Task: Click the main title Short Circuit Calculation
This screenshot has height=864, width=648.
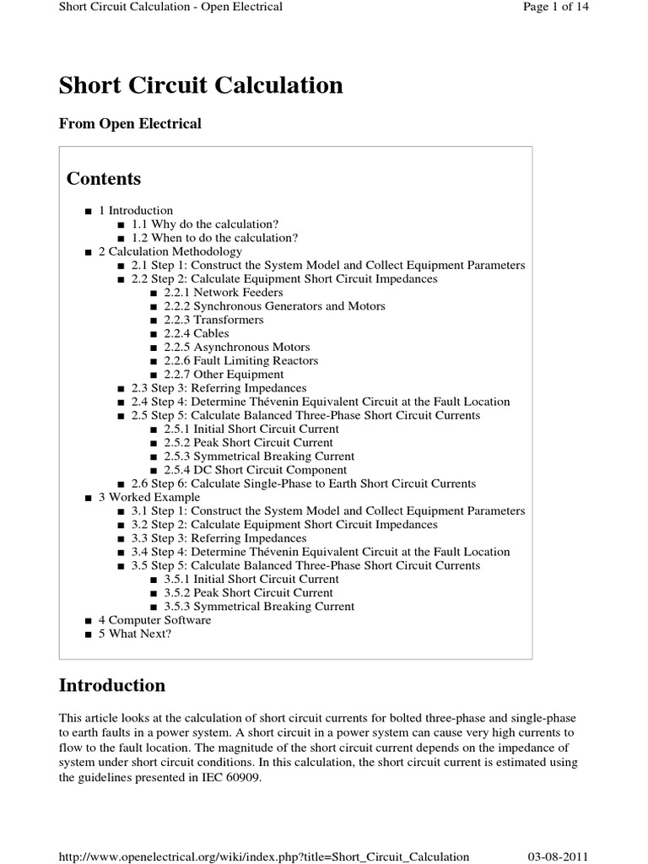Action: tap(201, 85)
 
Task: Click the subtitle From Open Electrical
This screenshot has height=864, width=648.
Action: tap(130, 124)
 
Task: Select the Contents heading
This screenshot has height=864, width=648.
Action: tap(104, 179)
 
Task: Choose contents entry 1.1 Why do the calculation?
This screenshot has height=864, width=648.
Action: tap(205, 224)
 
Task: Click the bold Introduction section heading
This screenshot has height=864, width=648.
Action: tap(112, 684)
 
